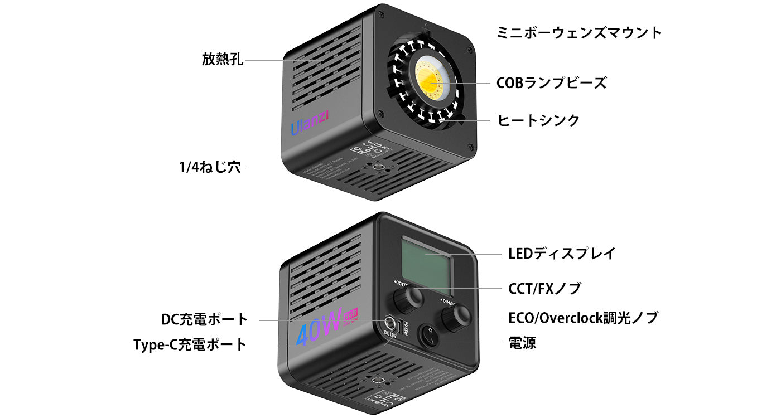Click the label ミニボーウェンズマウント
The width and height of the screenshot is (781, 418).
click(578, 32)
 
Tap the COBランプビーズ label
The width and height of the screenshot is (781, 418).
click(551, 83)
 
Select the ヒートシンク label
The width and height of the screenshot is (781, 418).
click(538, 120)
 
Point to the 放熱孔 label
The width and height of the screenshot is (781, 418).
click(223, 59)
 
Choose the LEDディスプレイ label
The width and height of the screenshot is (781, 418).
click(562, 254)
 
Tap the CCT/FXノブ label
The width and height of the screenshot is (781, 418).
click(544, 289)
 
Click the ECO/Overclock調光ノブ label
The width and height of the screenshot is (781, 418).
click(583, 318)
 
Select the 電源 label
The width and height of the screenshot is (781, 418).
click(522, 342)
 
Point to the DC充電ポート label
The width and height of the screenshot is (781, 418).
click(204, 320)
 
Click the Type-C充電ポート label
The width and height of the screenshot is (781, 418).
click(190, 344)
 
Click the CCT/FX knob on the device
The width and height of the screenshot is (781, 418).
click(406, 301)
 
